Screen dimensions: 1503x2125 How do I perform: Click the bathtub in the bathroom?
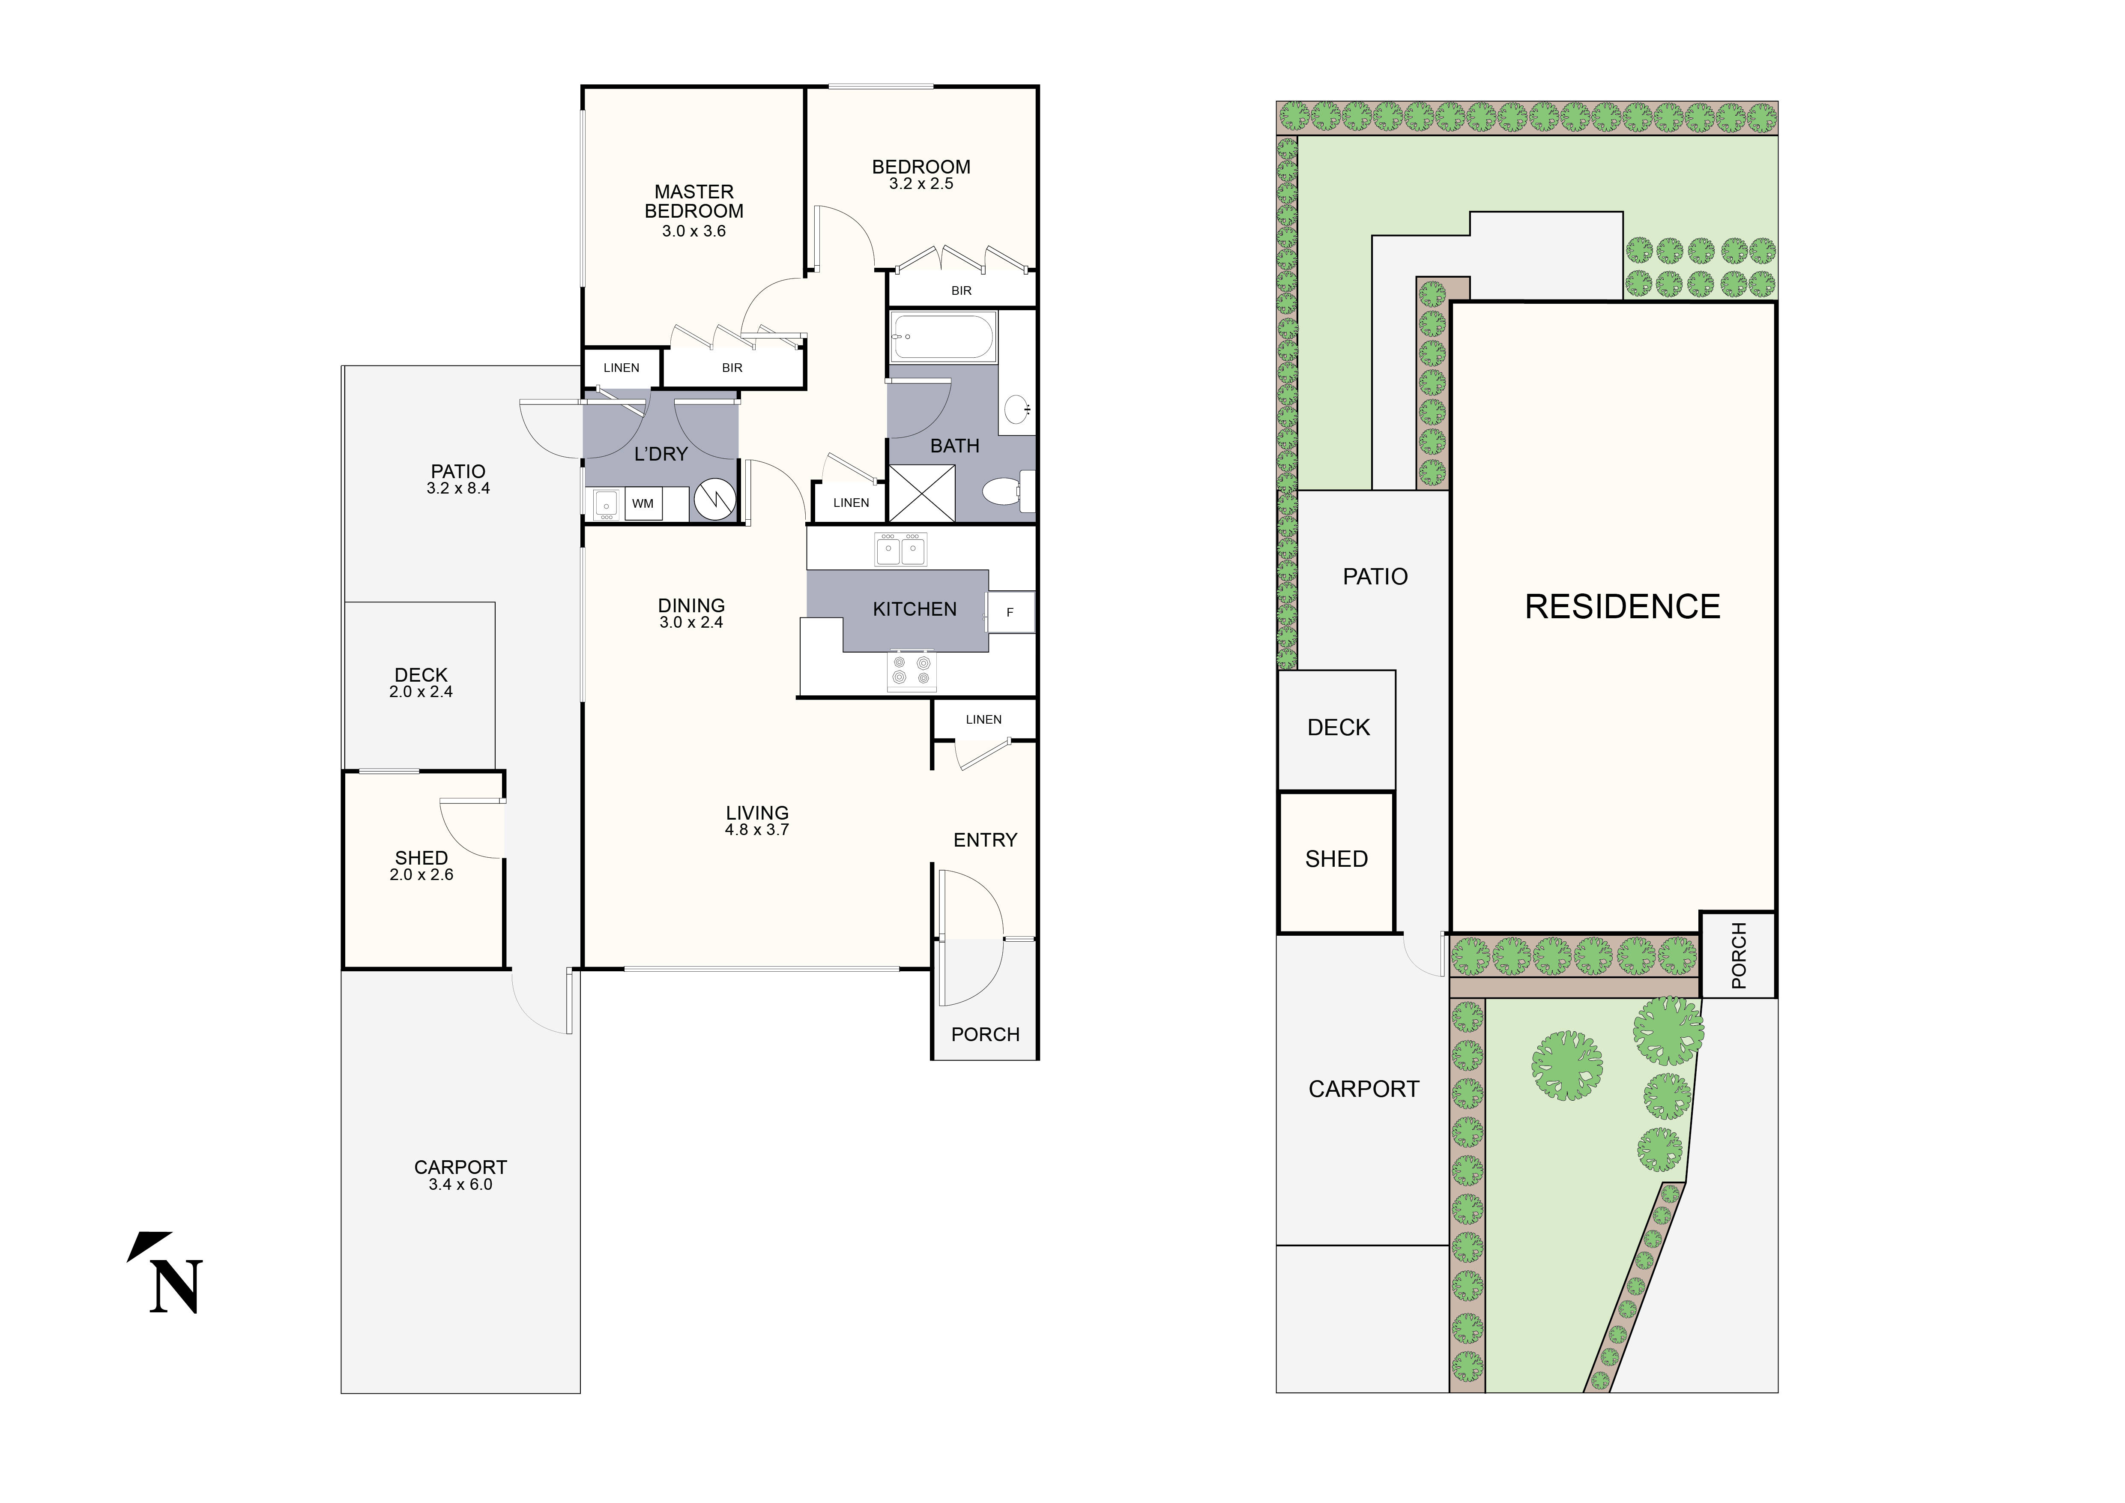(x=942, y=337)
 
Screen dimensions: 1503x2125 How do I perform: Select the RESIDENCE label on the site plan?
(x=1622, y=607)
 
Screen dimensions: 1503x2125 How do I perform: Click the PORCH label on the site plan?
(x=1738, y=955)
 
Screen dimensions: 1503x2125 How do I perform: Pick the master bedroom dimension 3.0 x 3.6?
(x=693, y=231)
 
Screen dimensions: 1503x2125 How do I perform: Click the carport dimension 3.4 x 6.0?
(x=460, y=1185)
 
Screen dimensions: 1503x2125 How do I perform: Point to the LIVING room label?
(x=757, y=813)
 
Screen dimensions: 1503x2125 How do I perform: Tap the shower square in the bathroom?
(x=921, y=493)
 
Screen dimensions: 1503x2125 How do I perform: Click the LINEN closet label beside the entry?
(x=983, y=719)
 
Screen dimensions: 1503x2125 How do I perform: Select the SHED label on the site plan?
(x=1336, y=859)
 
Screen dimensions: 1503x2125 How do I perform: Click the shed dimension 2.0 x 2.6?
(x=421, y=874)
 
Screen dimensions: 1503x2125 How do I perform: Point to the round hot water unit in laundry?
(x=715, y=499)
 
